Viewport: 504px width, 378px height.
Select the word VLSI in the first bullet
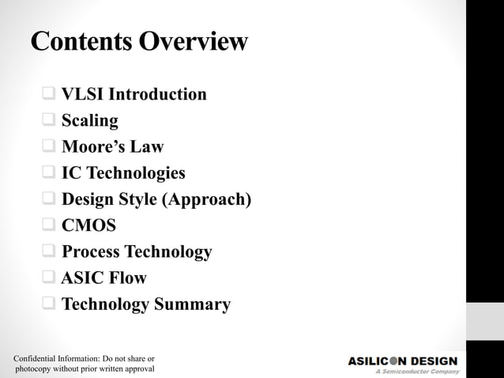click(82, 95)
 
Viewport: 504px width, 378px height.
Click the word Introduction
click(157, 95)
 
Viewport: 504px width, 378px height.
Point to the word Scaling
click(90, 121)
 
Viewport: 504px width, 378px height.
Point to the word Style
click(137, 199)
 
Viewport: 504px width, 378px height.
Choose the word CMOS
click(89, 225)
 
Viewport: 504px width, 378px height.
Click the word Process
click(89, 252)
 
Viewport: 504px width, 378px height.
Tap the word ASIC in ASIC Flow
click(83, 278)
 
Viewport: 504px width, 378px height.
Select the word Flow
click(128, 278)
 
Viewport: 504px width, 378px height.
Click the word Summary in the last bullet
click(194, 304)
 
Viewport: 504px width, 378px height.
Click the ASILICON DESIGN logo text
click(403, 361)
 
